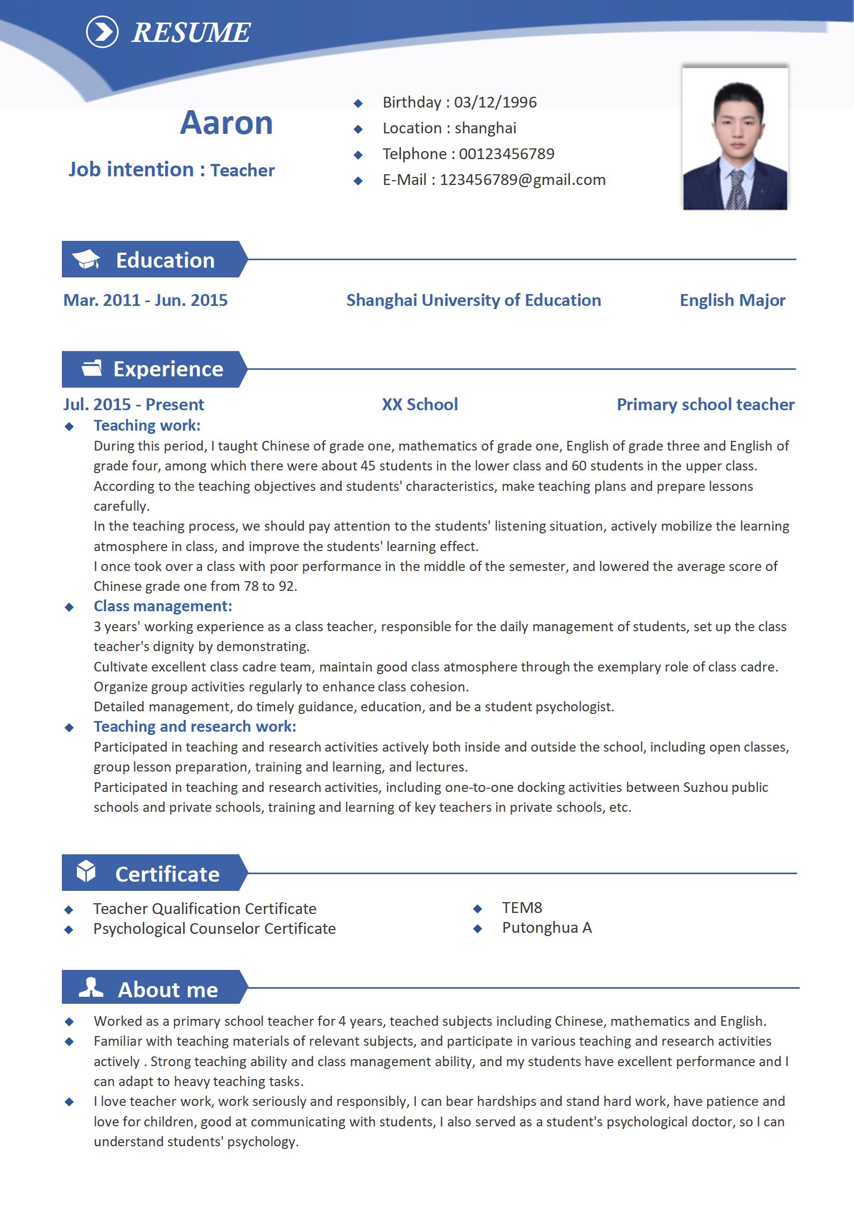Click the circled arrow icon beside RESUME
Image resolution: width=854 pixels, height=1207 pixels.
[x=102, y=32]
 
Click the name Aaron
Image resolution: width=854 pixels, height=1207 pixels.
[x=227, y=123]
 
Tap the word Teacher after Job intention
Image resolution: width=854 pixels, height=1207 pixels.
[x=242, y=170]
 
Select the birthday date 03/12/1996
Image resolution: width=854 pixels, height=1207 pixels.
[x=495, y=102]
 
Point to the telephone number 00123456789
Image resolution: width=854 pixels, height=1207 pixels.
[x=506, y=154]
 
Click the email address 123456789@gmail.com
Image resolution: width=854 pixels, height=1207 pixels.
[x=523, y=180]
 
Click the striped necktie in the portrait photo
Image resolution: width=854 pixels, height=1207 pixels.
[x=737, y=191]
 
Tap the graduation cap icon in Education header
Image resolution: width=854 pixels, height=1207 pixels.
[x=86, y=259]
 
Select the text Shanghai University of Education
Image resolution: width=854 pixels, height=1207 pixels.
[x=474, y=300]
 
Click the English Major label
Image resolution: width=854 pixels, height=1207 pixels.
[x=732, y=300]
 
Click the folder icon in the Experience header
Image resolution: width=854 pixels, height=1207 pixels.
[x=91, y=368]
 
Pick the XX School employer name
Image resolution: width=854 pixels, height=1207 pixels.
[x=420, y=404]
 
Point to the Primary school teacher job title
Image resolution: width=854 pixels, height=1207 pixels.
[x=705, y=404]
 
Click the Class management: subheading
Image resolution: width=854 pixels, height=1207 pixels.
[x=163, y=606]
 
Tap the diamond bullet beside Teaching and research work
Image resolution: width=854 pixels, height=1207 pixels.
[x=69, y=727]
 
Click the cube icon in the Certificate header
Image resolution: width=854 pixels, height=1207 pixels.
[x=86, y=872]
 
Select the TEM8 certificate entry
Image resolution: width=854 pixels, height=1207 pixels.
[x=522, y=908]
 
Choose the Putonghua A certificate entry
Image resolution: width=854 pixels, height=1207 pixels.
[x=547, y=927]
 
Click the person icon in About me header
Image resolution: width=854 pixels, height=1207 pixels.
[x=91, y=988]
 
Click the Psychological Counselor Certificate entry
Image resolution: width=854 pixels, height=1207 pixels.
[x=214, y=929]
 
